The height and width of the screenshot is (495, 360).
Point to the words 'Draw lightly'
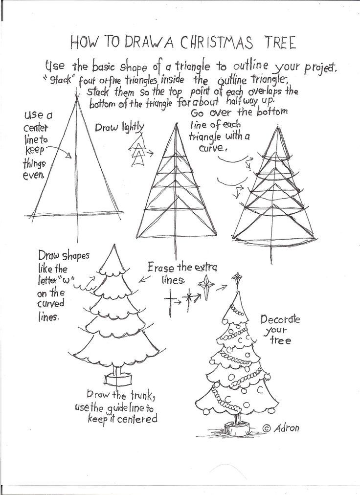(119, 128)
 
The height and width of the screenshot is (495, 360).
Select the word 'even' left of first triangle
(33, 175)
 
